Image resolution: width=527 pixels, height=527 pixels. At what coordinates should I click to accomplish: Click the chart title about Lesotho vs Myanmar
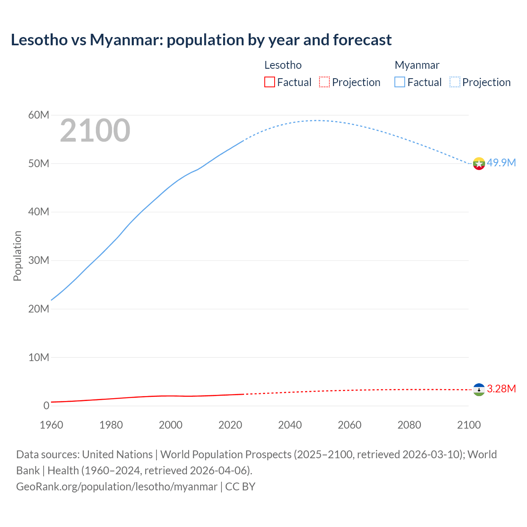pyautogui.click(x=201, y=40)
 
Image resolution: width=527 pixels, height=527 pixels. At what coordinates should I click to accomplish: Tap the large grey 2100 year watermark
pyautogui.click(x=95, y=131)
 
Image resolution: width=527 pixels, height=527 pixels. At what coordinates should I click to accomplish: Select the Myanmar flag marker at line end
pyautogui.click(x=479, y=163)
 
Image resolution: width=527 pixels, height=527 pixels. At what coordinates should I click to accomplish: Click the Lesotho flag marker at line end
pyautogui.click(x=479, y=389)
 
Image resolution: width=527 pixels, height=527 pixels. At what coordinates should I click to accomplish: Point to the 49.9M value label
pyautogui.click(x=501, y=163)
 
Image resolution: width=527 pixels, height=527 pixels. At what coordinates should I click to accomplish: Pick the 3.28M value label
pyautogui.click(x=501, y=389)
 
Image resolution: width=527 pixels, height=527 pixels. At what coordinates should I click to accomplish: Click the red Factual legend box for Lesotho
pyautogui.click(x=270, y=82)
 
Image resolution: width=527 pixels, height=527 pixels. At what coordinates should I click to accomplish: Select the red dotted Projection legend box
pyautogui.click(x=324, y=82)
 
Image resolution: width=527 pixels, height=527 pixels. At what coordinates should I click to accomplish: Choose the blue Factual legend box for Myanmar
pyautogui.click(x=400, y=82)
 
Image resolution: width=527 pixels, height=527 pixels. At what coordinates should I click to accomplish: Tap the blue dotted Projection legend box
pyautogui.click(x=455, y=82)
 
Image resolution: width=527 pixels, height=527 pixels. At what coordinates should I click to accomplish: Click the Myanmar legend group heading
pyautogui.click(x=417, y=65)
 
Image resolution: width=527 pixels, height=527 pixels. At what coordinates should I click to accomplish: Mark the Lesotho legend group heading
pyautogui.click(x=283, y=65)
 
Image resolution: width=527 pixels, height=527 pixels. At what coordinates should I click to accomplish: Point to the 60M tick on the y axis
pyautogui.click(x=39, y=115)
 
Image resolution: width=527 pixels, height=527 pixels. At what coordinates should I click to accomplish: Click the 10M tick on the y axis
pyautogui.click(x=39, y=357)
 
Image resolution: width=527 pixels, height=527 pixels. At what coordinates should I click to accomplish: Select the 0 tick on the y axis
pyautogui.click(x=46, y=406)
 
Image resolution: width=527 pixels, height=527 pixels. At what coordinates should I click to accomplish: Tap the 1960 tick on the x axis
pyautogui.click(x=51, y=425)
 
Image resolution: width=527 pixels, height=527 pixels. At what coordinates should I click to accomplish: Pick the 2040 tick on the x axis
pyautogui.click(x=290, y=425)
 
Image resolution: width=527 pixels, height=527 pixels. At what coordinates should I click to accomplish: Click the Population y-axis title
pyautogui.click(x=17, y=256)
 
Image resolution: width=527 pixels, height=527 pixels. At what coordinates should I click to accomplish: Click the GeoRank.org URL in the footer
pyautogui.click(x=117, y=487)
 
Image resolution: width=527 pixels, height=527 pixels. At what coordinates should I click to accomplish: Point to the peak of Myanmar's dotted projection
pyautogui.click(x=316, y=120)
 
